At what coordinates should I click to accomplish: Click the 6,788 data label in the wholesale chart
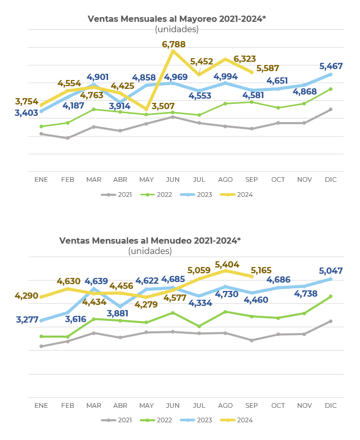point(174,44)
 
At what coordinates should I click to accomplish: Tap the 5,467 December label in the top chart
point(331,66)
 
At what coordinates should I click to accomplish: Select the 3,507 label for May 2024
point(163,106)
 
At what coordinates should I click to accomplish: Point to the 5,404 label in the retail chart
point(227,264)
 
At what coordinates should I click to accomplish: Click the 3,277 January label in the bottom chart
point(27,319)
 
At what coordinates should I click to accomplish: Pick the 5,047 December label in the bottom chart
point(331,271)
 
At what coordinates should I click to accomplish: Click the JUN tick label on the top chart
point(172,180)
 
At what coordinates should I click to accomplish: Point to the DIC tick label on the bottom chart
point(330,405)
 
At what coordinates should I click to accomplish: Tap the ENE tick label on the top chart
point(41,180)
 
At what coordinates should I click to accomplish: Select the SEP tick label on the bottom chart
point(251,405)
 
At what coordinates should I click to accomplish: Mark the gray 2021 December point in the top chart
point(330,109)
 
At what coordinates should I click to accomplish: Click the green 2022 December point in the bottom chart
point(330,296)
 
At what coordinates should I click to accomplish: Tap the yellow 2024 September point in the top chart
point(252,72)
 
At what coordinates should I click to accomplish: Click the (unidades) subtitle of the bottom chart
point(150,251)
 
